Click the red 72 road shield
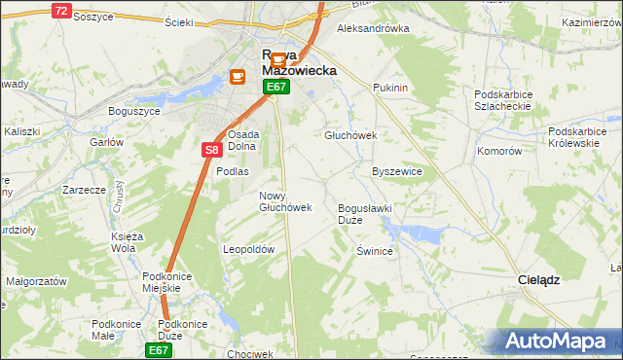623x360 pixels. (x=61, y=11)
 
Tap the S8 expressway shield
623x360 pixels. (x=213, y=150)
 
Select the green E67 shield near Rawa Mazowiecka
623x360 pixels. (x=276, y=88)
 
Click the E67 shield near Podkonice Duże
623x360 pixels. (x=160, y=348)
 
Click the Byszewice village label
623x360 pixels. (x=397, y=171)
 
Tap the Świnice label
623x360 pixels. (x=374, y=251)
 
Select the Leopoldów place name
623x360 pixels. (x=250, y=249)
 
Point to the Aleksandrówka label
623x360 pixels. (x=373, y=29)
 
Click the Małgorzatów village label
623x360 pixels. (x=36, y=280)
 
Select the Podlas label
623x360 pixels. (x=233, y=171)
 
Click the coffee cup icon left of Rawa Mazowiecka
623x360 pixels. (x=238, y=77)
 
